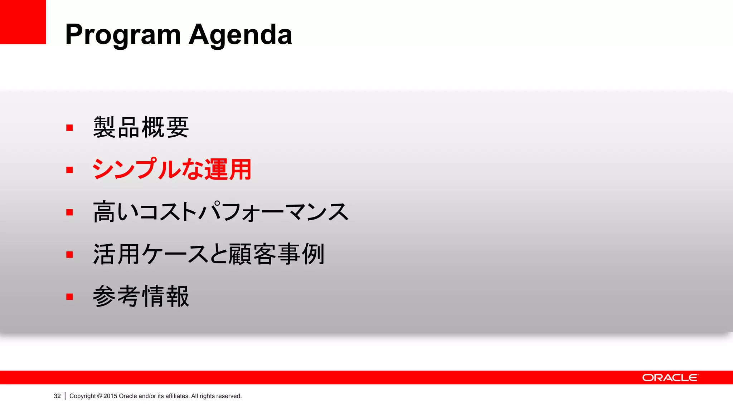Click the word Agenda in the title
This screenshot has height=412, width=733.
(x=240, y=35)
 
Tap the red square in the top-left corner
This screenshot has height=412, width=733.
(x=23, y=22)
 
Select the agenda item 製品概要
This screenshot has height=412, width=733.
(x=141, y=127)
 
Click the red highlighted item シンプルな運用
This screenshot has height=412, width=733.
(x=172, y=169)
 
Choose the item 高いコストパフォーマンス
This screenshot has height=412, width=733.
(x=220, y=212)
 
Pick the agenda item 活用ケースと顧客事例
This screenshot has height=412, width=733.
(x=209, y=254)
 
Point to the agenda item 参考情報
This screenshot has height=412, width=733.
(x=141, y=296)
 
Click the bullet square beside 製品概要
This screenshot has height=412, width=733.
(x=69, y=128)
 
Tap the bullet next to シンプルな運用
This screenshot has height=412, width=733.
(x=69, y=170)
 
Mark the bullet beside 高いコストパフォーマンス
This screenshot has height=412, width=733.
(x=69, y=212)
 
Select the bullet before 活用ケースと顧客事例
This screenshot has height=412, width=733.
(x=69, y=255)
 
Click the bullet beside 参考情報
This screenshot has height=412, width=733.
(x=69, y=297)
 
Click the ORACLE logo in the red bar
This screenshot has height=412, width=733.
(x=670, y=378)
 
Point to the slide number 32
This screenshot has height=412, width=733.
(x=57, y=396)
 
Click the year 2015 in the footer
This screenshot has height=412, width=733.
(x=110, y=396)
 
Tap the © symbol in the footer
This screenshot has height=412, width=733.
(x=99, y=396)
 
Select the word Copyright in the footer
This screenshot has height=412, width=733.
(x=83, y=396)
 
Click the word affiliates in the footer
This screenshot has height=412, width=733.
(x=177, y=396)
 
